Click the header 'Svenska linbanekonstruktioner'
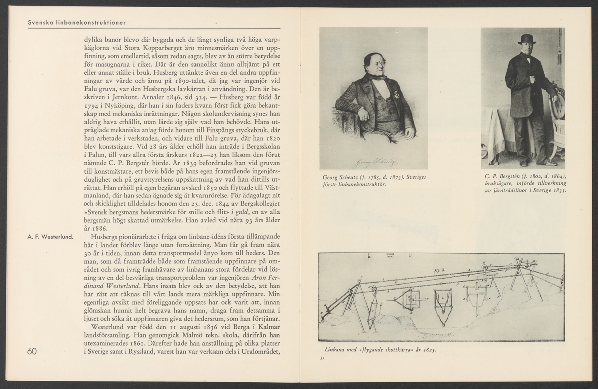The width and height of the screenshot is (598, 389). [x=77, y=22]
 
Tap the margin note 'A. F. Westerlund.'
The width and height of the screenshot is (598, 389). [x=50, y=236]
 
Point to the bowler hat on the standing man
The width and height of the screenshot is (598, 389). [x=526, y=39]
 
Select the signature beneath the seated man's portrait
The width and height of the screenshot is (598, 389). [x=377, y=161]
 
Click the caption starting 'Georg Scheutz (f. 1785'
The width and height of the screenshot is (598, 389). [x=373, y=181]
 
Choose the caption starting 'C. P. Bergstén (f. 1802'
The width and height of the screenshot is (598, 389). [x=525, y=182]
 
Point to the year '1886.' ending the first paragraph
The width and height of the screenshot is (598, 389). [x=93, y=228]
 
